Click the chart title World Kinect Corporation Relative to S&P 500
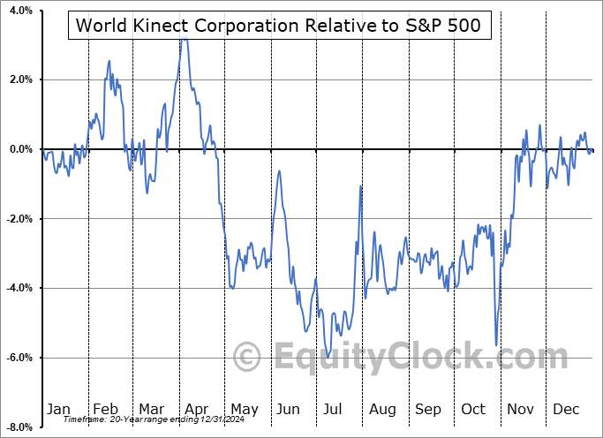(x=278, y=26)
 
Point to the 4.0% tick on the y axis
(x=19, y=11)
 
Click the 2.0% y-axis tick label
(x=19, y=80)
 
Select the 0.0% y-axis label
(x=19, y=149)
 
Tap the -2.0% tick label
(x=18, y=219)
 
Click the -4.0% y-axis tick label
(x=18, y=289)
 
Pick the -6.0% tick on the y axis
(x=18, y=358)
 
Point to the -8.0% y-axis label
(x=18, y=427)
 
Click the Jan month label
(x=58, y=410)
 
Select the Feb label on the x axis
(x=105, y=410)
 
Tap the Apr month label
(x=196, y=410)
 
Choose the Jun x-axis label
(x=288, y=410)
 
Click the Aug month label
(x=382, y=410)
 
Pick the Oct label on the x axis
(x=474, y=410)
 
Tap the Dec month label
(x=565, y=410)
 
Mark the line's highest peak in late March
(x=183, y=38)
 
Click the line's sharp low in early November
(x=496, y=344)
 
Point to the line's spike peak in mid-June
(x=280, y=170)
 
